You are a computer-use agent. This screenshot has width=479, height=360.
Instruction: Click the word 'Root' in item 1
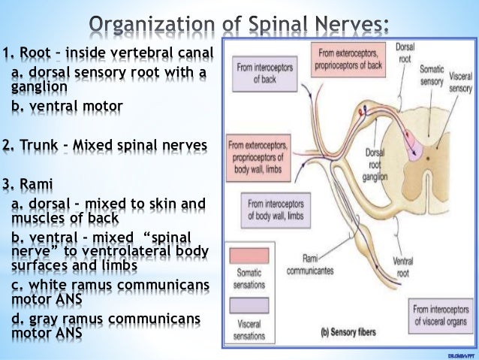click(x=35, y=53)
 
